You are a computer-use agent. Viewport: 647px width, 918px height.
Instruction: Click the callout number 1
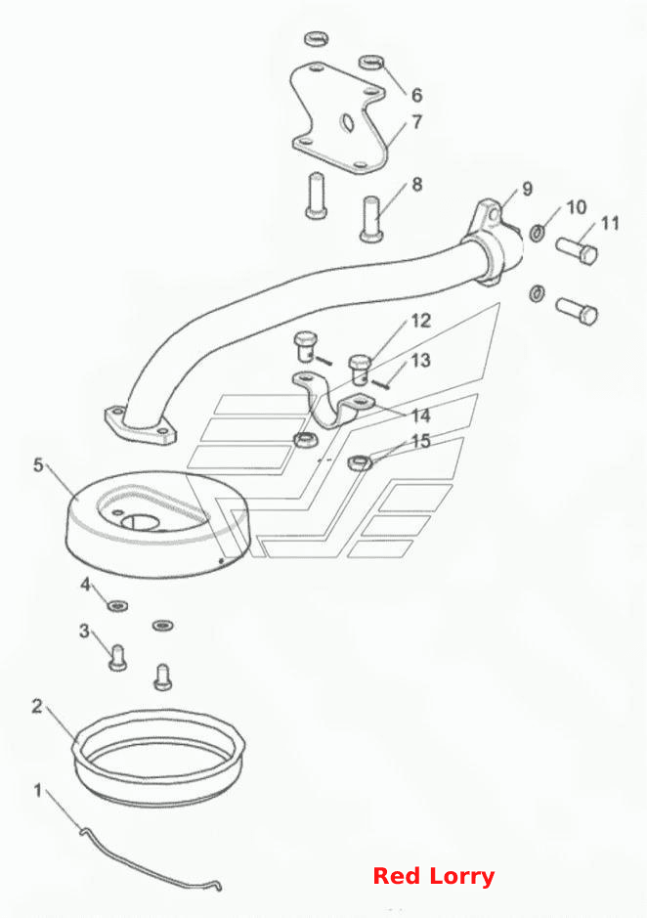pos(38,790)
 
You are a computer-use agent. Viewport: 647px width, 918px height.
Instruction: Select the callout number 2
pos(37,707)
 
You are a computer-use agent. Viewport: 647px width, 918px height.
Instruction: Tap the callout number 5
pos(38,466)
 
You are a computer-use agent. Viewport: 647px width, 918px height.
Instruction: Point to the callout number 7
pos(417,122)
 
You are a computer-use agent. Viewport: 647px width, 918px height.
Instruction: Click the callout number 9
pos(527,189)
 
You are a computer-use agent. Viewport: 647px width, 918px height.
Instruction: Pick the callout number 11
pos(610,223)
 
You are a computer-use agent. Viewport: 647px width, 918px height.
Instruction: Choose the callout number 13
pos(420,360)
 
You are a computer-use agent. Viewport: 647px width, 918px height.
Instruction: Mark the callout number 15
pos(421,441)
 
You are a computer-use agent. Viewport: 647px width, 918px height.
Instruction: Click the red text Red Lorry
pos(434,876)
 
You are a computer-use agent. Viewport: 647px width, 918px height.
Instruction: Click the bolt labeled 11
pos(577,250)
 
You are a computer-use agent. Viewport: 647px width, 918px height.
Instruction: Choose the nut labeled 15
pos(361,461)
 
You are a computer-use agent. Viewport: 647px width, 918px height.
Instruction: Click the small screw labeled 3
pos(118,657)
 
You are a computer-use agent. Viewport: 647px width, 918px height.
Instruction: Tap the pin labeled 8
pos(373,217)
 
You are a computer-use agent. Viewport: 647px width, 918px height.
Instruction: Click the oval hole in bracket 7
pos(347,122)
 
